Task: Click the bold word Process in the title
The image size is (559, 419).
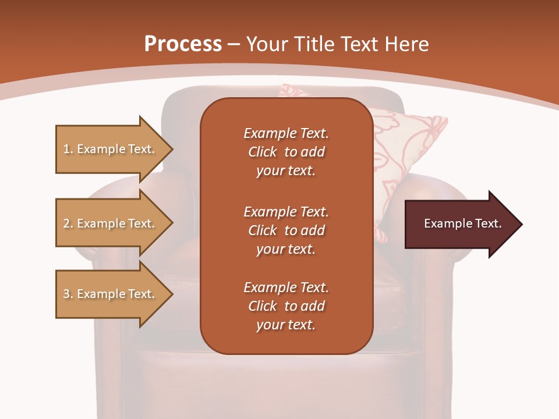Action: click(x=183, y=44)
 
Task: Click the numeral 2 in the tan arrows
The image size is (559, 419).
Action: click(x=66, y=223)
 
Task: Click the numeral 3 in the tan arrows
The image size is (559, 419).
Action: click(x=66, y=294)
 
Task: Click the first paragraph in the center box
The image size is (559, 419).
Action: click(x=286, y=152)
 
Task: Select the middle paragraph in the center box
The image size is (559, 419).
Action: click(x=286, y=230)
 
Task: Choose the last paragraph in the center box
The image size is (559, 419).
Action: click(x=286, y=306)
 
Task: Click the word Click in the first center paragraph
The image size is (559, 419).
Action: click(x=263, y=152)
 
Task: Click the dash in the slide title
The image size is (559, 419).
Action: click(x=233, y=44)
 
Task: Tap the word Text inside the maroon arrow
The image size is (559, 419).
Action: click(x=489, y=223)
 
